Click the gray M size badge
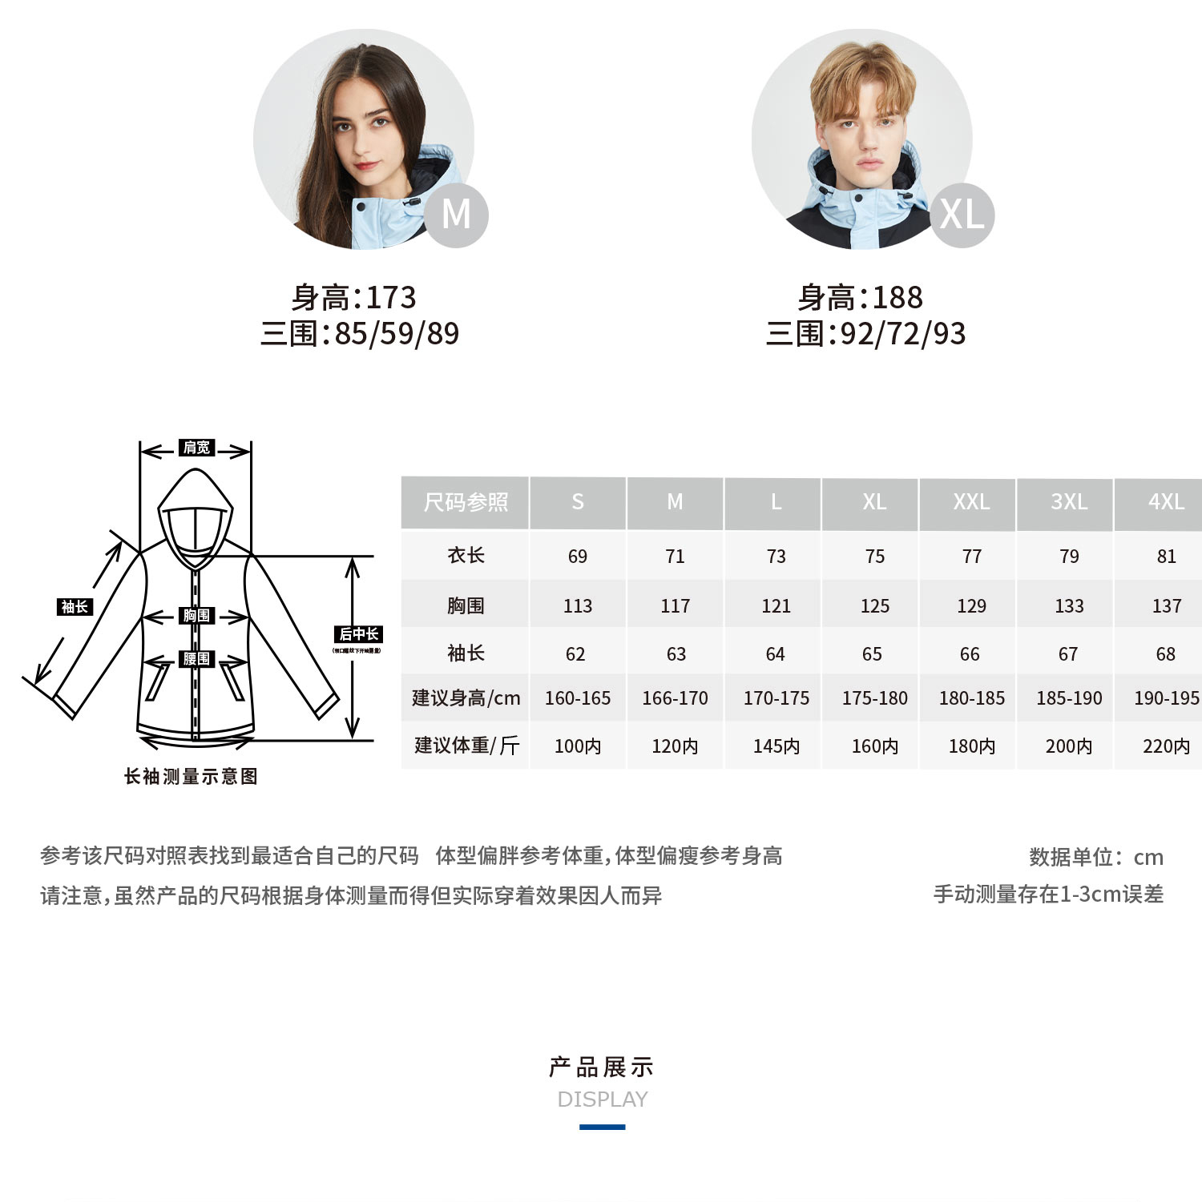(456, 215)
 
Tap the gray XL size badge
(962, 215)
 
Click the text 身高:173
(353, 298)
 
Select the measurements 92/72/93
(903, 334)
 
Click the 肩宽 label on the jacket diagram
(196, 448)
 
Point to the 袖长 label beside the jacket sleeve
(75, 607)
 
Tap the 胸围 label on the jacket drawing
(196, 616)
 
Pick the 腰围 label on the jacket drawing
(196, 659)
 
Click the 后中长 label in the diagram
(358, 634)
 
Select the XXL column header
(971, 502)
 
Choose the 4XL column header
(1166, 502)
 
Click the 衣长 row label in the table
(466, 556)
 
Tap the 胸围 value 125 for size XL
(874, 606)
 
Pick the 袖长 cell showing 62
(575, 654)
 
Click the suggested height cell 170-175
(776, 698)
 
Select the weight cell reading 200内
(1068, 746)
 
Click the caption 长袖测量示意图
(191, 777)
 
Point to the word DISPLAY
(602, 1099)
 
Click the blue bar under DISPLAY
(602, 1127)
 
